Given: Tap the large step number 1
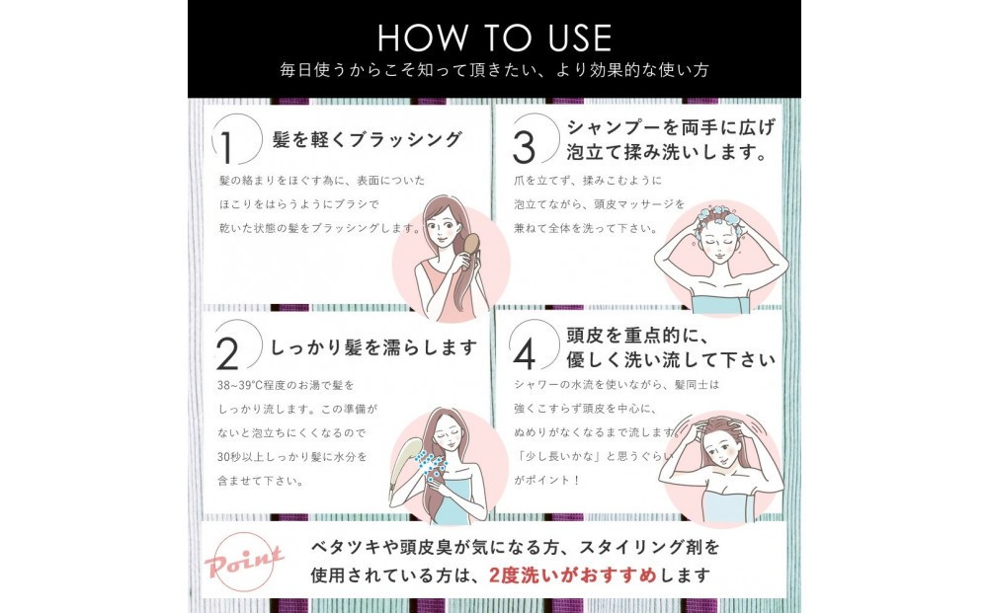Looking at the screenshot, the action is tap(226, 148).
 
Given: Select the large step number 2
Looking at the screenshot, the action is tap(227, 353).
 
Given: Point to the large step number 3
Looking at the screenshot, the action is tap(524, 147).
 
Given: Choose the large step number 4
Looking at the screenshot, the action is tap(525, 353).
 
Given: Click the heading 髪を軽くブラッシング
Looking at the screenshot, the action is tap(368, 139).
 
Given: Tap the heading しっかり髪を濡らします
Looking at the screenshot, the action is tap(373, 346).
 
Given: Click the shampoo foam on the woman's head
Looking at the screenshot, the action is tap(719, 216).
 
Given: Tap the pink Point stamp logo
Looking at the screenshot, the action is tap(244, 560).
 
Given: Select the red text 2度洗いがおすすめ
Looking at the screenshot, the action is tap(573, 575).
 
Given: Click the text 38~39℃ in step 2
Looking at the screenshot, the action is tap(239, 385).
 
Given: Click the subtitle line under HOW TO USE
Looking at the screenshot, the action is tap(495, 70).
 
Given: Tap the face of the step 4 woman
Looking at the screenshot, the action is tap(721, 452).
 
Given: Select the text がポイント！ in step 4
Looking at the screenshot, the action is tap(546, 480).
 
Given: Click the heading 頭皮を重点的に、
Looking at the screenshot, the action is tap(637, 336).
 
